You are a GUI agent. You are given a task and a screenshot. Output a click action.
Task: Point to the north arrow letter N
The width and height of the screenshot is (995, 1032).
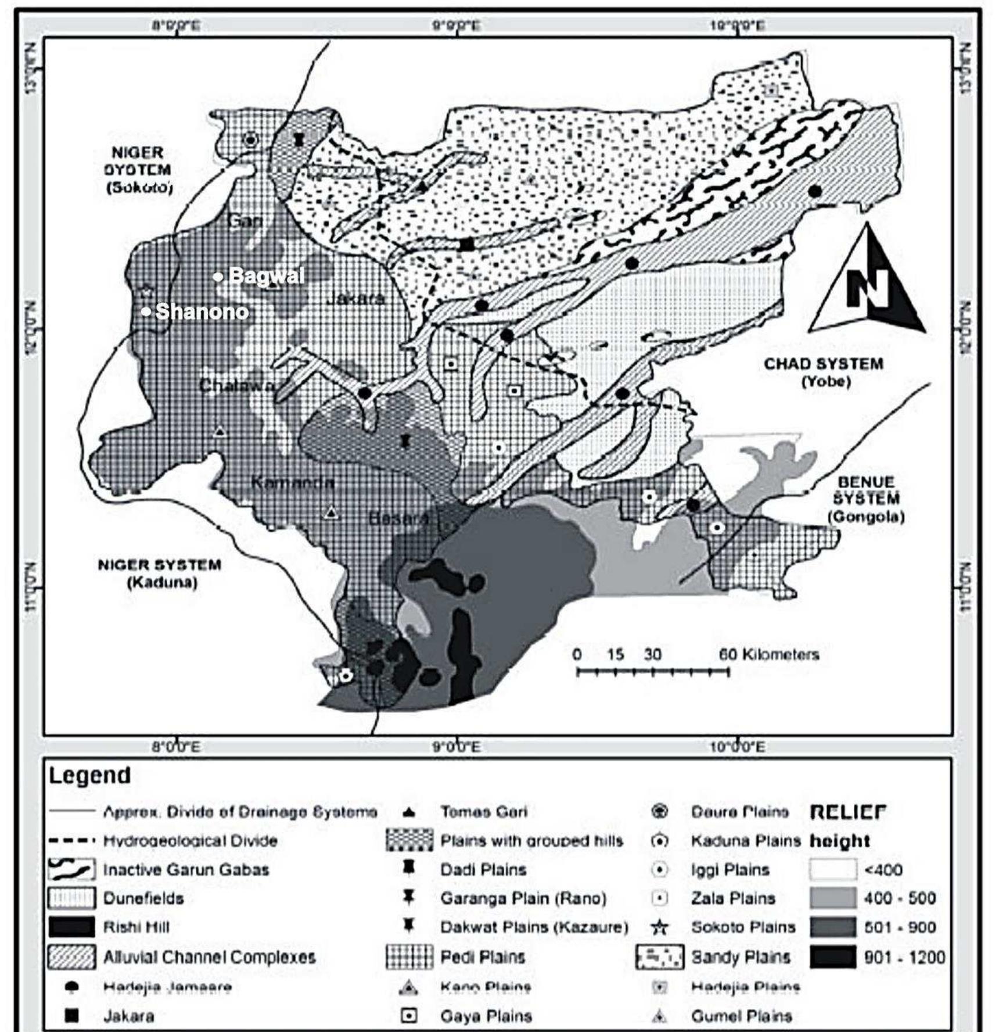(x=867, y=289)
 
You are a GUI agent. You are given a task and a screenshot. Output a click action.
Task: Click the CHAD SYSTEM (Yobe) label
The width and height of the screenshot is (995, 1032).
(x=824, y=372)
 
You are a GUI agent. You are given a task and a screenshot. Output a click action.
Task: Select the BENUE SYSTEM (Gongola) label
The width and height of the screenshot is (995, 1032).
(x=866, y=499)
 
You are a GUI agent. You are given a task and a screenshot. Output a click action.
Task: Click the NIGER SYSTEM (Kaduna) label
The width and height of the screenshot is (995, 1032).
(x=160, y=573)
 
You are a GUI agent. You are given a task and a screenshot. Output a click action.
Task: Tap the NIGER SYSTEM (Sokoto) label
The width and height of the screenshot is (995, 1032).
(x=138, y=170)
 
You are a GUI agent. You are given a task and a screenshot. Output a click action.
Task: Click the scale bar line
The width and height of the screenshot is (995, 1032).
(x=652, y=672)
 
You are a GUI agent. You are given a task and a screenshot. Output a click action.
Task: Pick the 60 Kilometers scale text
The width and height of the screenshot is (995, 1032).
(x=768, y=654)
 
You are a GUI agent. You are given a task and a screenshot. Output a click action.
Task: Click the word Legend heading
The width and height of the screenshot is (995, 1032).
(x=89, y=775)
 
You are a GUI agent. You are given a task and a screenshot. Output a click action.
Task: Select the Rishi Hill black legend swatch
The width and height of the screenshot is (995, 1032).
(x=71, y=927)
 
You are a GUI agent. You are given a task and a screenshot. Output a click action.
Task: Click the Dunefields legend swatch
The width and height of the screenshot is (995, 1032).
(x=71, y=898)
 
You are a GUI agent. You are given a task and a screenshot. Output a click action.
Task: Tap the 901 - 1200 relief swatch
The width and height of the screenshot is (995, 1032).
(x=832, y=957)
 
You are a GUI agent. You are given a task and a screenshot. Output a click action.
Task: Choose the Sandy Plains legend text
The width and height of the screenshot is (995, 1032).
(x=741, y=957)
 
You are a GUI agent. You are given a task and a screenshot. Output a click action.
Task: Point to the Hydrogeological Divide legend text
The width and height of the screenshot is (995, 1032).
(x=191, y=841)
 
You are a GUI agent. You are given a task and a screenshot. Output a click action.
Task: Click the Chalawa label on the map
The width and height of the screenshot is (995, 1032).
(x=235, y=385)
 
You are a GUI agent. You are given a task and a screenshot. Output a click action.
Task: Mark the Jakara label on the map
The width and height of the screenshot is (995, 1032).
(x=355, y=299)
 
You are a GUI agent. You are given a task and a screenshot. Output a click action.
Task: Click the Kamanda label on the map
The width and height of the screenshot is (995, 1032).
(x=292, y=482)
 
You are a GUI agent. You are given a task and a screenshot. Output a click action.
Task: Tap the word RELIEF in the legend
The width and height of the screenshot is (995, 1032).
(x=848, y=812)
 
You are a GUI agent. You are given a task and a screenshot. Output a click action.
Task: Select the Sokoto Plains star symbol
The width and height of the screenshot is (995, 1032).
(x=659, y=927)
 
